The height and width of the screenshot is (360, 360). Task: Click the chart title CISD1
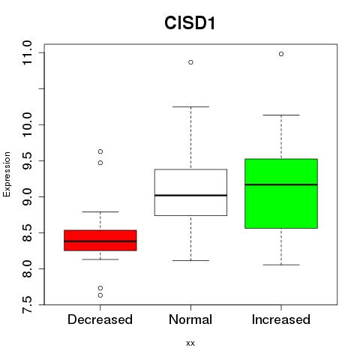pos(190,23)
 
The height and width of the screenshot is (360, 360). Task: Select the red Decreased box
pos(100,240)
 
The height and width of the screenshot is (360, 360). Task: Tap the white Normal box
pos(190,192)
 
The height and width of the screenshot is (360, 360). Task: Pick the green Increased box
pos(281,193)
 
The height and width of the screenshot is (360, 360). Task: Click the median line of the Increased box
pos(281,184)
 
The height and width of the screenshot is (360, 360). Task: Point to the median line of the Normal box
pos(190,195)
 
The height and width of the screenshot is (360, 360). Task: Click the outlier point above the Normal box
pos(190,62)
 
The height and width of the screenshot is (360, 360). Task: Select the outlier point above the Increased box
pos(281,54)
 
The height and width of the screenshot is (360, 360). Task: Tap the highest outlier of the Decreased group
pos(100,151)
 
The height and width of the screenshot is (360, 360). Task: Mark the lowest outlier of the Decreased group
pos(100,295)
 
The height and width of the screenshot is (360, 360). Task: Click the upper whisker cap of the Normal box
pos(190,106)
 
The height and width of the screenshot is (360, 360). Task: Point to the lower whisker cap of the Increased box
pos(281,265)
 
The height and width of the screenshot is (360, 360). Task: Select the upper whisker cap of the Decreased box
pos(100,211)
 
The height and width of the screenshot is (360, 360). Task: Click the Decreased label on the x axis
pos(100,319)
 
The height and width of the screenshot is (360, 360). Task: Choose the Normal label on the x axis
pos(190,319)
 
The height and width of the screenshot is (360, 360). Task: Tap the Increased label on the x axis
pos(281,319)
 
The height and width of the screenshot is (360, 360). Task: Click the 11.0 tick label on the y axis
pos(27,52)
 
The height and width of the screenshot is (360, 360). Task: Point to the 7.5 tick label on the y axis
pos(27,304)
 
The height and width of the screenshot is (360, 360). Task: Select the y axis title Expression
pos(7,174)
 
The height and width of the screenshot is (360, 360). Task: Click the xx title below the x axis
pos(190,343)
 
